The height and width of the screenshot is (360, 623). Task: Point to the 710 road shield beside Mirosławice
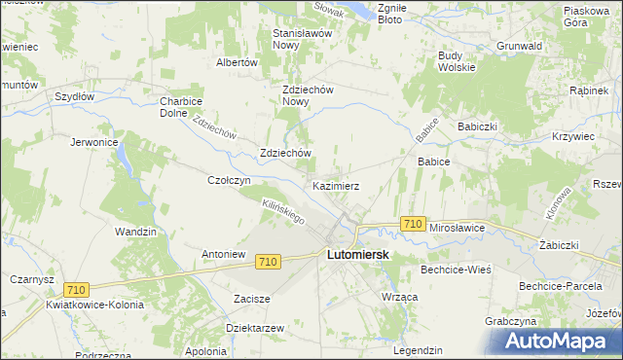tap(412, 225)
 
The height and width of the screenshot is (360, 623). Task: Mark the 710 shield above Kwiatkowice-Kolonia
tap(76, 289)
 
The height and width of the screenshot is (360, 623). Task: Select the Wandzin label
tap(135, 232)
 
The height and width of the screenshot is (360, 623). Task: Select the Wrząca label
tap(400, 295)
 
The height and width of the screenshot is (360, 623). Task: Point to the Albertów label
tap(236, 62)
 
